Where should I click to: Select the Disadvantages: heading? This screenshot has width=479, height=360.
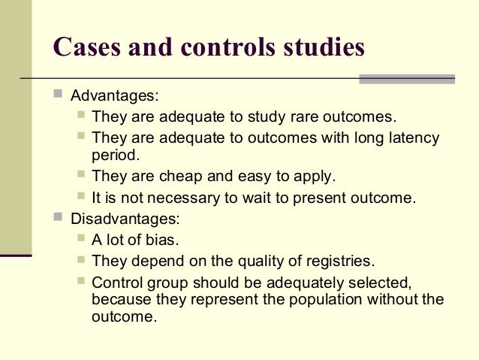click(125, 219)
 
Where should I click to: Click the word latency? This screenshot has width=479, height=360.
click(410, 138)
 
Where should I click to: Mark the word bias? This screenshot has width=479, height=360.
click(162, 241)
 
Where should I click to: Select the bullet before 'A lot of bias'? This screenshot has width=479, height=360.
click(81, 240)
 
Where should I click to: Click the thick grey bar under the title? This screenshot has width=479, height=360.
click(407, 79)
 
